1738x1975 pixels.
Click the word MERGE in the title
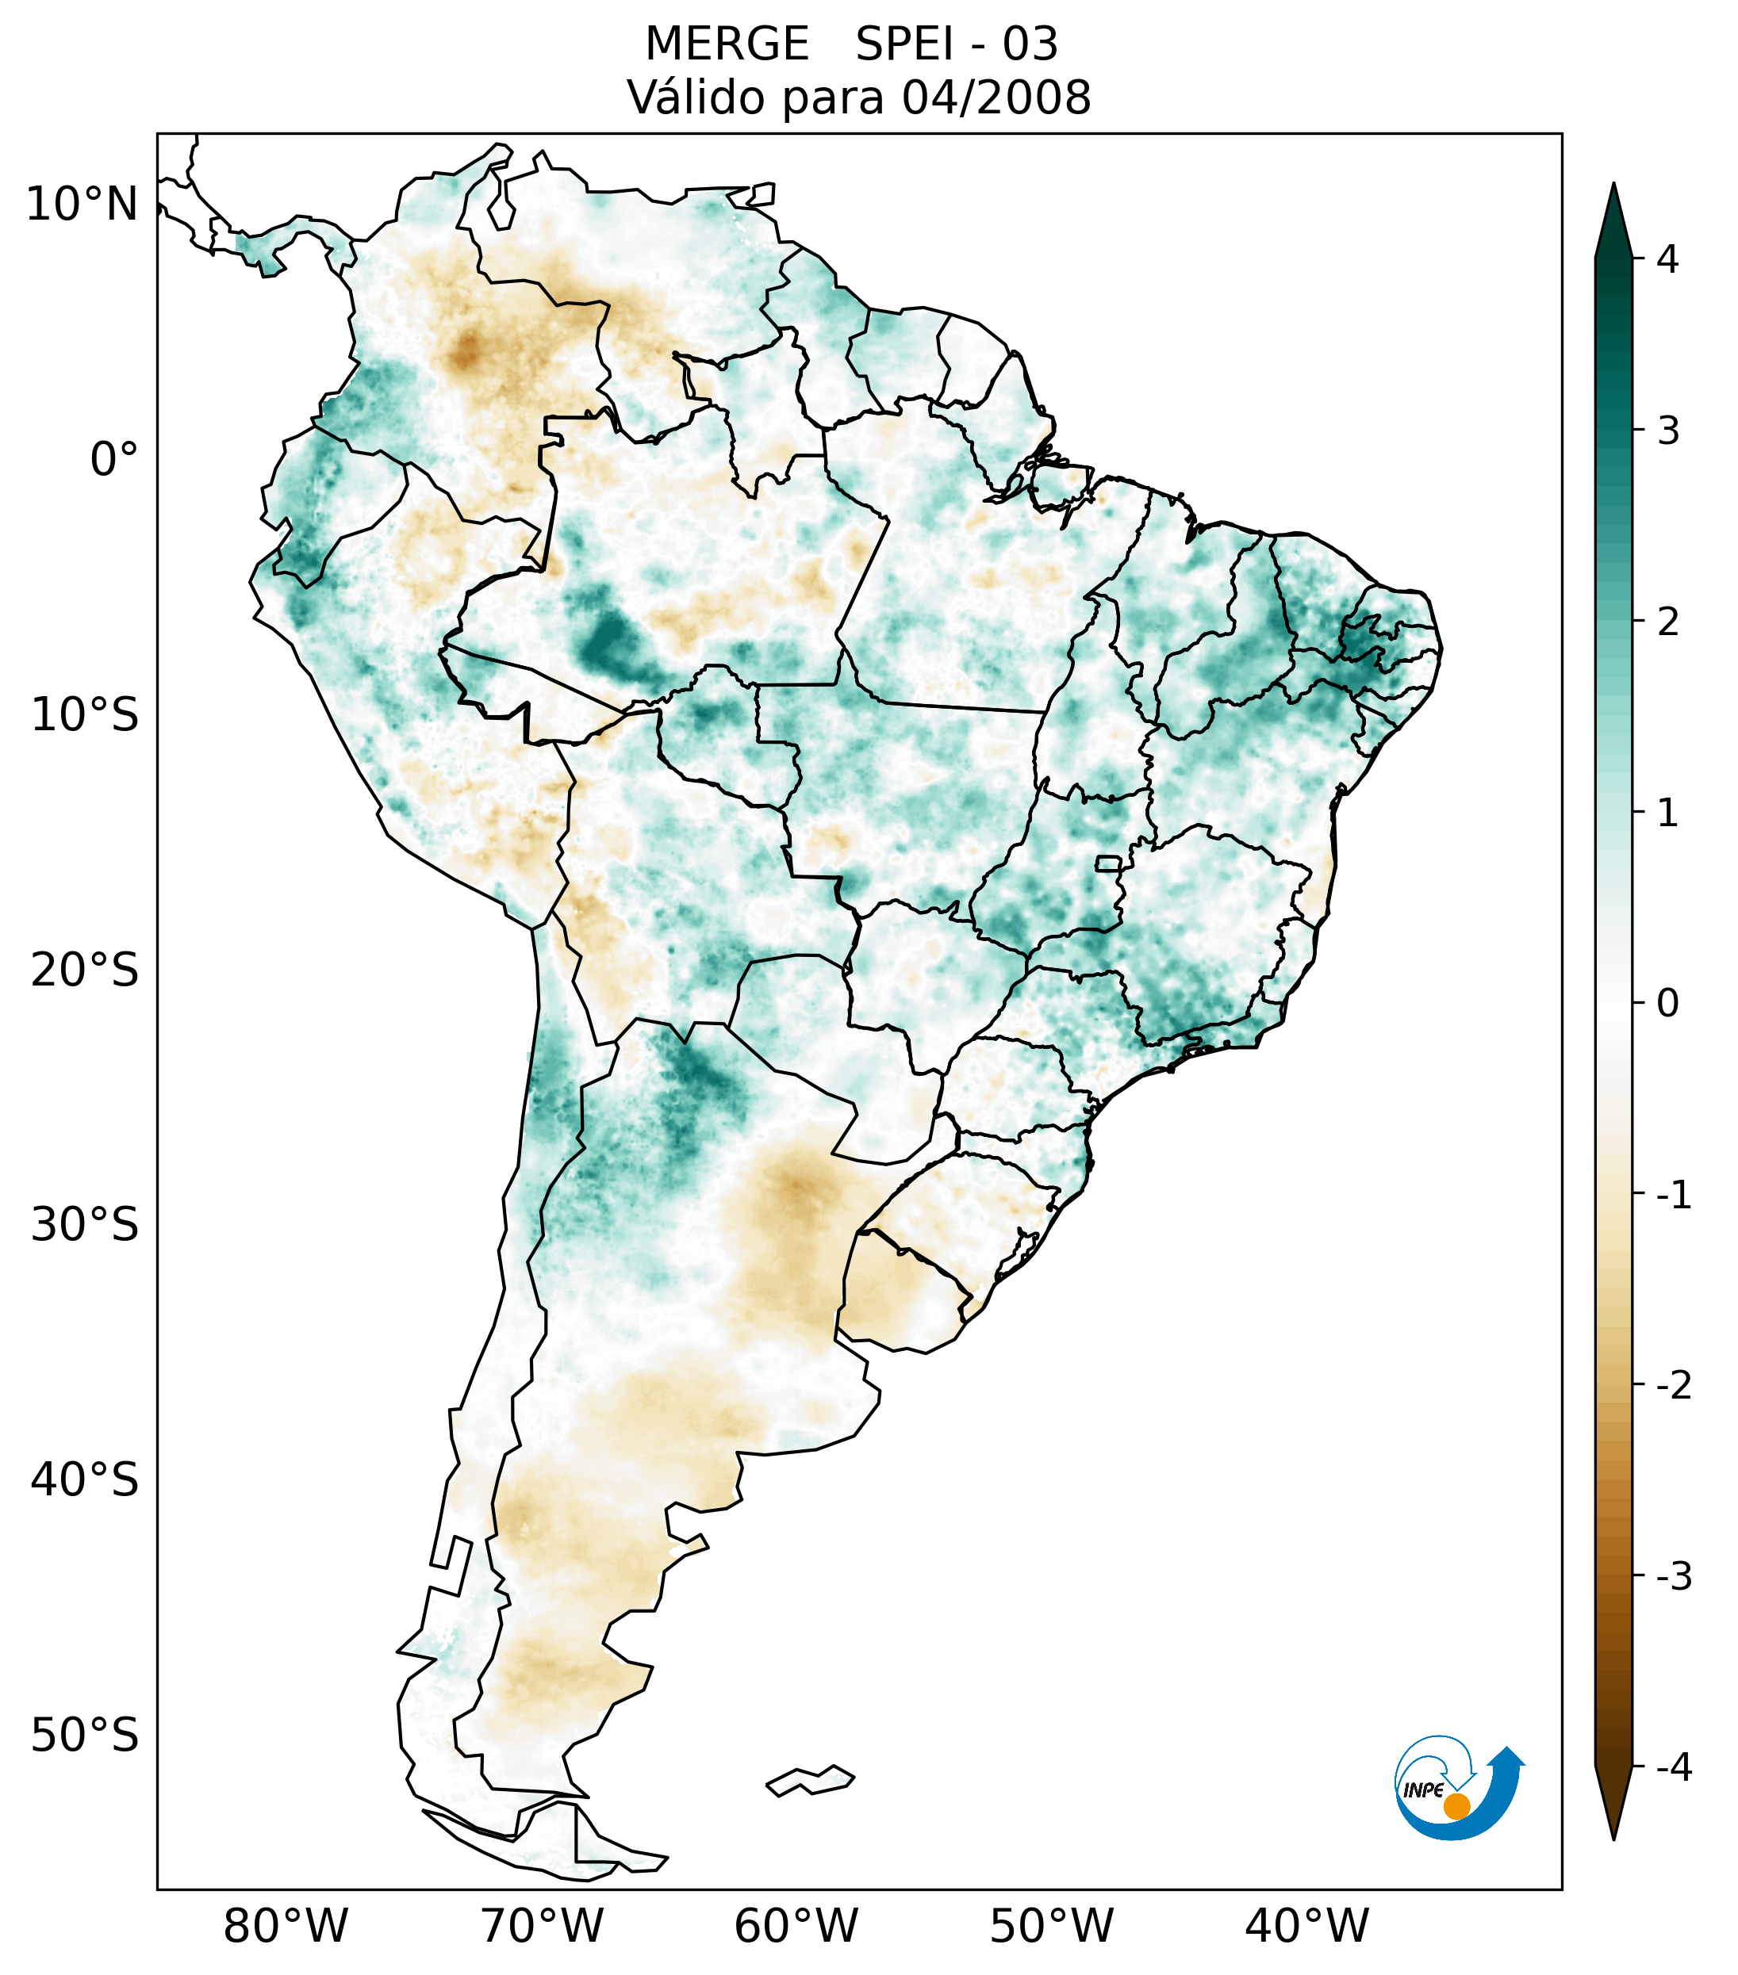point(727,44)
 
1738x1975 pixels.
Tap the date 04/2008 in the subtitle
point(996,98)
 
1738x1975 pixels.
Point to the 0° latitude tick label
point(113,460)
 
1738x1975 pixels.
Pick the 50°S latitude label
point(85,1736)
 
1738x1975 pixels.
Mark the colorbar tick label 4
point(1667,259)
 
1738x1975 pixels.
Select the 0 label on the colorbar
point(1667,1004)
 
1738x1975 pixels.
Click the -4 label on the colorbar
point(1673,1767)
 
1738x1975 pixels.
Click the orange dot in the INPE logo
point(1456,1806)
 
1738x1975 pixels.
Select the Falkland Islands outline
point(810,1780)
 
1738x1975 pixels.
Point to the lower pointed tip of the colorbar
point(1613,1837)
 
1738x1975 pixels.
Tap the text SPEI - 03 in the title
point(957,44)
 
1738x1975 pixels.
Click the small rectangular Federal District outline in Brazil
point(1109,863)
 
